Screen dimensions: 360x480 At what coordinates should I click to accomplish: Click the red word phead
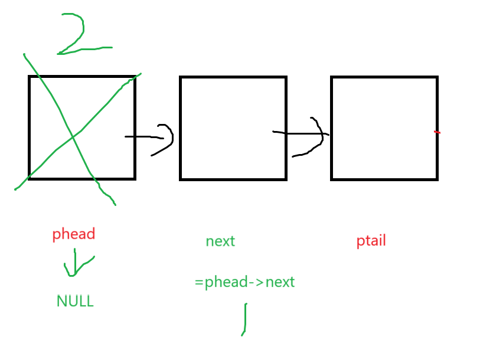[x=74, y=234]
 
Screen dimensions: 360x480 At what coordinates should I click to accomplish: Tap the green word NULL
[x=75, y=302]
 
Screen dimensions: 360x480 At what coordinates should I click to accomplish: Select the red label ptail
[x=371, y=241]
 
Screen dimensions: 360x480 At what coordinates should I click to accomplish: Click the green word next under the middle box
[x=220, y=241]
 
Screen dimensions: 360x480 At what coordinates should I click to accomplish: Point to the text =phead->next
[x=244, y=282]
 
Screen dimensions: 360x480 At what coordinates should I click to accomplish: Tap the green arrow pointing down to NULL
[x=74, y=263]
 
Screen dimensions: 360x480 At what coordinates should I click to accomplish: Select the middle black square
[x=233, y=127]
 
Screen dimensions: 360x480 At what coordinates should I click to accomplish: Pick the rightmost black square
[x=384, y=127]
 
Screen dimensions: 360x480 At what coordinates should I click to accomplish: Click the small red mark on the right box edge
[x=437, y=132]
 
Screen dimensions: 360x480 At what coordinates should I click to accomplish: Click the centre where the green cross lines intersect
[x=73, y=137]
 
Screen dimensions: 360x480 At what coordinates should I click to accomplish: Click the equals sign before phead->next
[x=199, y=283]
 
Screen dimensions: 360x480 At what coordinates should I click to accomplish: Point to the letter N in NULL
[x=61, y=302]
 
